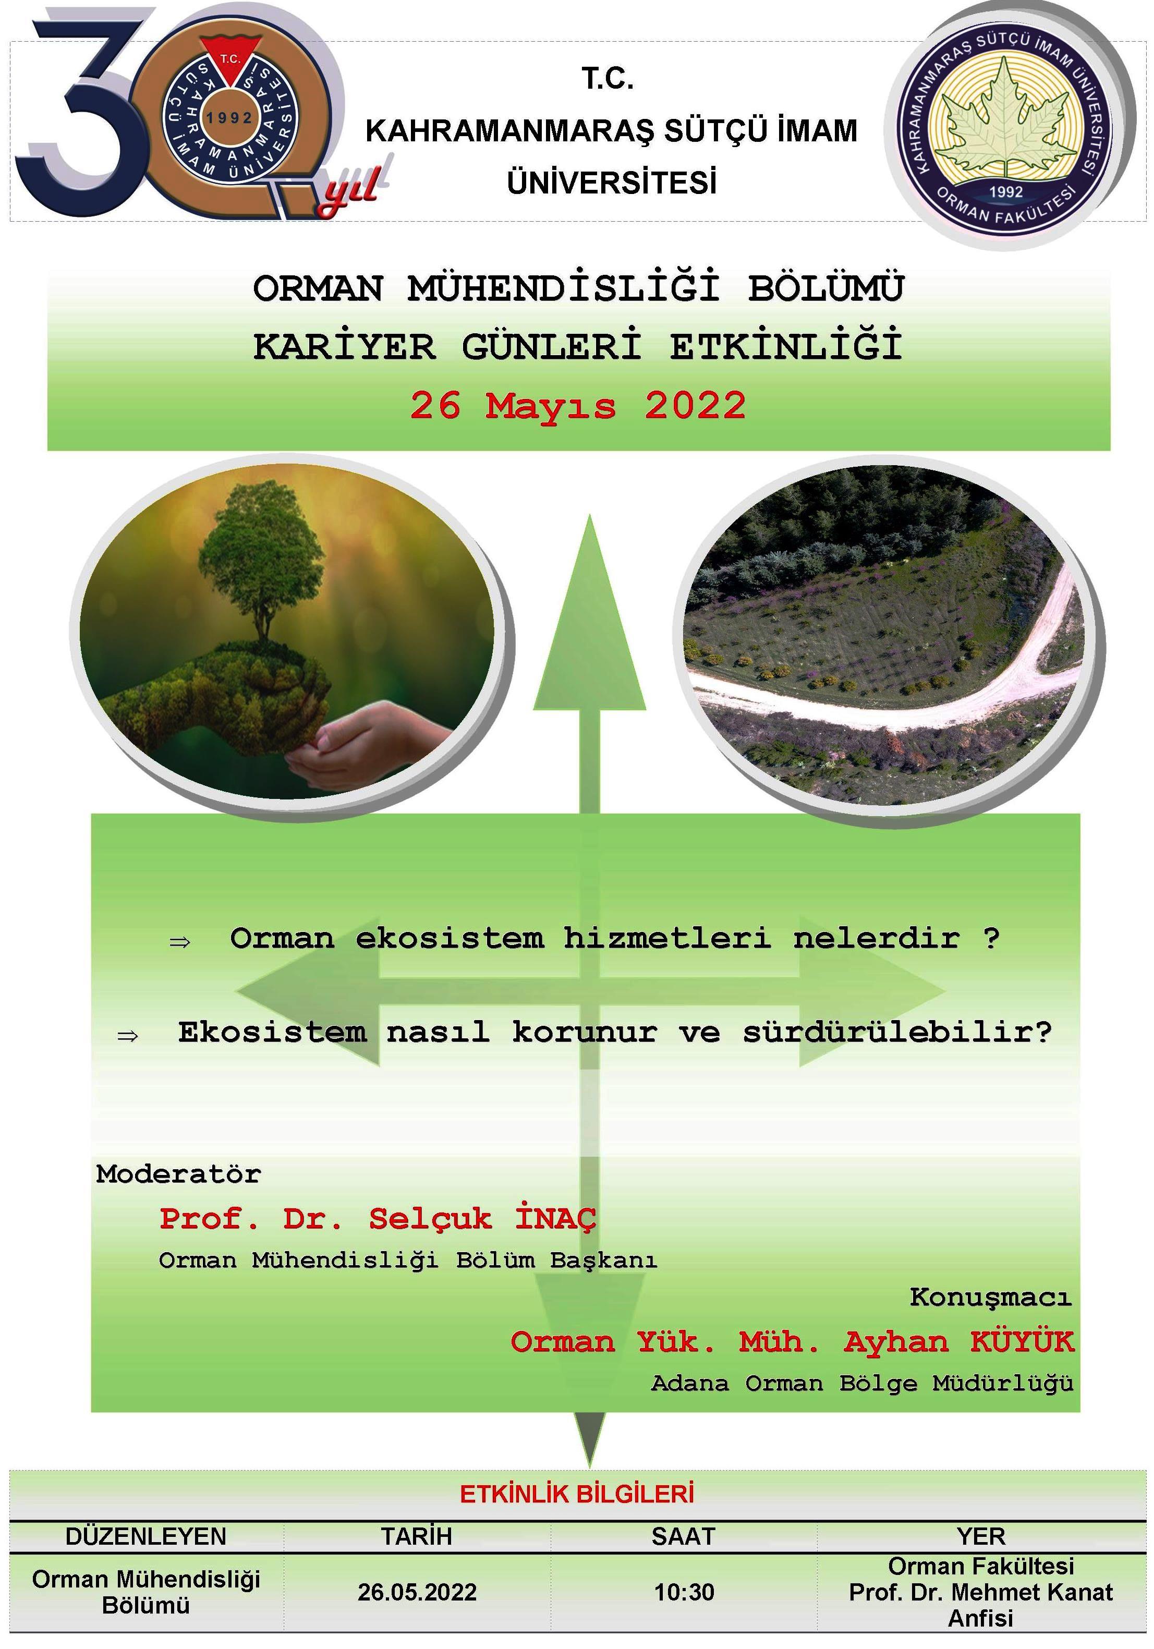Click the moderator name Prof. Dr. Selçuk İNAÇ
point(378,1218)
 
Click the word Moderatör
point(178,1174)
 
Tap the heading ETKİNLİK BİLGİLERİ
point(577,1495)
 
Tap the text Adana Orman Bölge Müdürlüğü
point(862,1383)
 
